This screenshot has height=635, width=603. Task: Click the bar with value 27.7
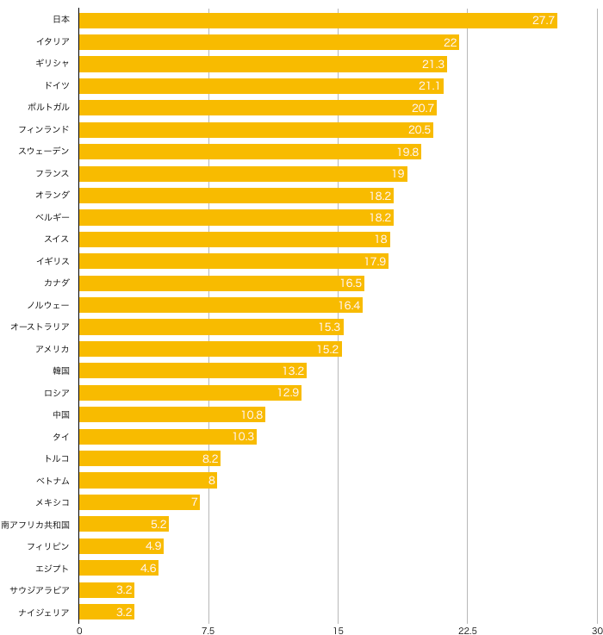(318, 21)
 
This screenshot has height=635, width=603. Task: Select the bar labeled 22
(269, 42)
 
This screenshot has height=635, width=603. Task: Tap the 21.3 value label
(433, 65)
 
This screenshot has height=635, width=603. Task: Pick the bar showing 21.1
(261, 86)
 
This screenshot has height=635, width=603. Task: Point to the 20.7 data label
(423, 109)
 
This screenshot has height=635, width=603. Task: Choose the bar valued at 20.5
(256, 130)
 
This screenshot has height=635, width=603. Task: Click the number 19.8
(407, 153)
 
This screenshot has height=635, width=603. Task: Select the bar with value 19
(243, 174)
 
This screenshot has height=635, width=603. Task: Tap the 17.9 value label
(375, 261)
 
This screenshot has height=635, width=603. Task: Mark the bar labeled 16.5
(221, 283)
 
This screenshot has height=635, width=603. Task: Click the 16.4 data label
(349, 305)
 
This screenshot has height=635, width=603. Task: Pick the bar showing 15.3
(211, 327)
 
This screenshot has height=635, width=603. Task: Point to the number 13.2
(293, 371)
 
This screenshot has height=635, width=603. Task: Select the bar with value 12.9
(190, 393)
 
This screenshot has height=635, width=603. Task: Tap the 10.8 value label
(252, 415)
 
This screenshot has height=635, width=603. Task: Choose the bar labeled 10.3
(168, 437)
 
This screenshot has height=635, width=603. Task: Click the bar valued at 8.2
(150, 458)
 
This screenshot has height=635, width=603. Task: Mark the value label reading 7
(195, 502)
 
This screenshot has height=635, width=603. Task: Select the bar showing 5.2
(124, 524)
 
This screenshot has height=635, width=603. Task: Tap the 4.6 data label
(148, 569)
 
